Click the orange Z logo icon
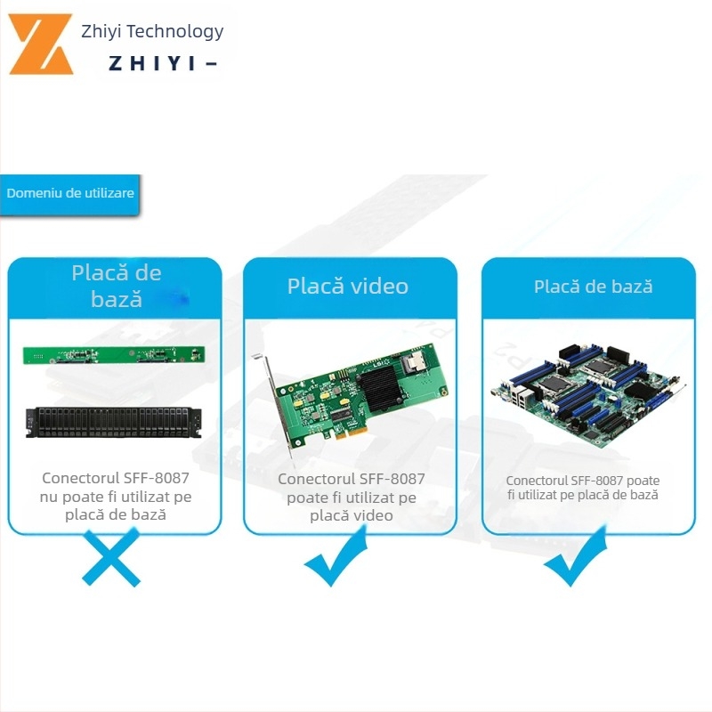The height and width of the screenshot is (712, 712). pos(41,44)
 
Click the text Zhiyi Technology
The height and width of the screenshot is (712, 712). pos(152,32)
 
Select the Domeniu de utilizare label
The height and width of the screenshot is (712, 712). pos(70,193)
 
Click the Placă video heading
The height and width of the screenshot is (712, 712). pos(348,286)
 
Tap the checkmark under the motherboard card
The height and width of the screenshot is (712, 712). pos(575,558)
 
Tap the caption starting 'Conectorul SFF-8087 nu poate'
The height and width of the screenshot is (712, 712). pos(116,496)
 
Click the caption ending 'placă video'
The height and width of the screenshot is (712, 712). pos(352,497)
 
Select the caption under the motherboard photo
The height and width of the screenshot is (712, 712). pos(583,488)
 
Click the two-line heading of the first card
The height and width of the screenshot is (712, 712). pos(117,285)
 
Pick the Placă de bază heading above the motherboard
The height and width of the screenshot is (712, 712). pos(593,287)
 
